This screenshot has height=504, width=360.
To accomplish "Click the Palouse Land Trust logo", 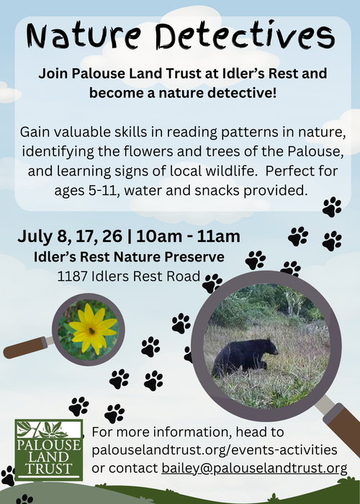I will coord(48,451).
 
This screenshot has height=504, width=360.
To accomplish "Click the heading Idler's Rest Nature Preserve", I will coord(130,256).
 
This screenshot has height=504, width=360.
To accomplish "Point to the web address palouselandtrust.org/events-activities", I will coord(215,450).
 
